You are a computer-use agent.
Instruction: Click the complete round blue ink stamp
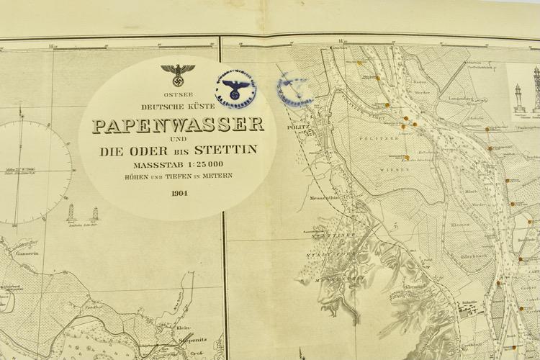[235, 89]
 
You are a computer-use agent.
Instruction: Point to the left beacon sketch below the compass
[71, 212]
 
